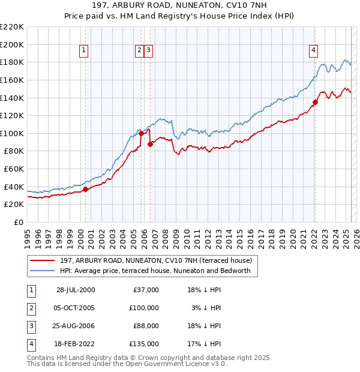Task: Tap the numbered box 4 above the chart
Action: [x=313, y=51]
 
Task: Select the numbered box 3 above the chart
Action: [x=148, y=51]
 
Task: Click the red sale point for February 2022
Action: [x=315, y=102]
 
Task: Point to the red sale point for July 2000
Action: [x=85, y=189]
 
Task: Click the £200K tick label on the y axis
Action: [x=12, y=44]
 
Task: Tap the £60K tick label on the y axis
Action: [x=14, y=169]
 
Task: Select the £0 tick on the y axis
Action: [x=18, y=222]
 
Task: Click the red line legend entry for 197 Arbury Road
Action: [x=158, y=260]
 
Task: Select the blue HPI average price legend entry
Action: [x=158, y=271]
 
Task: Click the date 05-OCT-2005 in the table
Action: [x=76, y=308]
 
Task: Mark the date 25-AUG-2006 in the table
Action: [x=76, y=326]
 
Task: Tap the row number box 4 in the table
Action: [x=30, y=344]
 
